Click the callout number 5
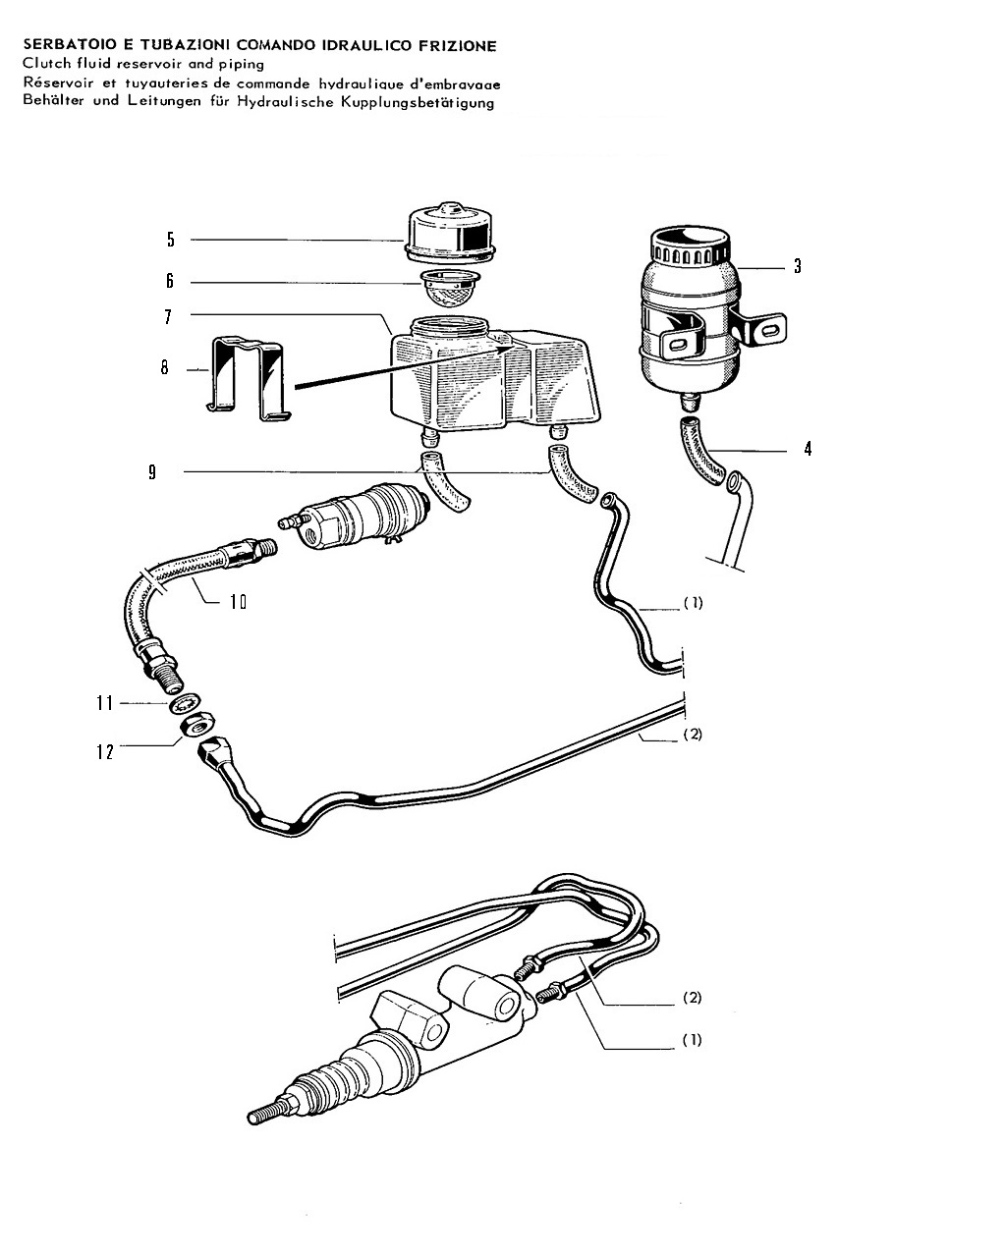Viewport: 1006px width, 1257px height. click(171, 240)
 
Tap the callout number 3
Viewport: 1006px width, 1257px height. click(798, 266)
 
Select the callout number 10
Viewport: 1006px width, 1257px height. click(238, 602)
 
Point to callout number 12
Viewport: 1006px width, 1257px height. click(105, 752)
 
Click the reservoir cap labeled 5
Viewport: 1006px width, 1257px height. click(450, 233)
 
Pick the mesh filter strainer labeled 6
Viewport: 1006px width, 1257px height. click(450, 289)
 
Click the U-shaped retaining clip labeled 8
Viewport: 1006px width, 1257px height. click(249, 378)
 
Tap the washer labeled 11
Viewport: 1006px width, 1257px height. click(187, 704)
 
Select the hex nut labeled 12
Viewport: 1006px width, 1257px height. click(198, 726)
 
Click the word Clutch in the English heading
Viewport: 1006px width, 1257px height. click(47, 63)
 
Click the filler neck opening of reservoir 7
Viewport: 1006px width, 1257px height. click(450, 326)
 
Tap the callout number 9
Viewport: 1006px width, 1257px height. click(152, 472)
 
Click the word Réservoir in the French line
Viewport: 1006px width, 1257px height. click(59, 82)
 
